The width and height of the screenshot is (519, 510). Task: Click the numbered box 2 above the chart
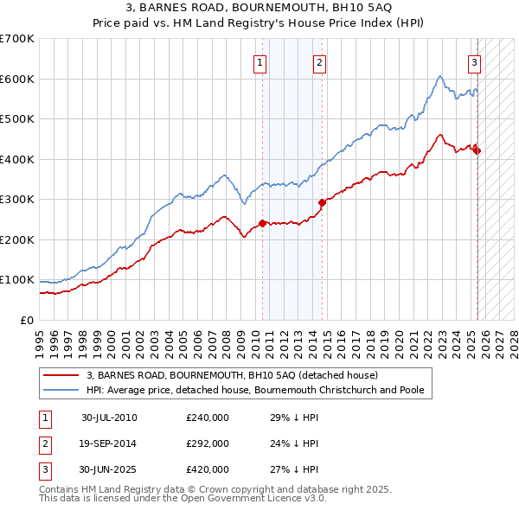[320, 62]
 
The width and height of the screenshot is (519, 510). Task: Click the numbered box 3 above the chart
[475, 62]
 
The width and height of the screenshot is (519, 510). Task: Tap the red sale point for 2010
[262, 223]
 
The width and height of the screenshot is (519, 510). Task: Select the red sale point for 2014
[322, 202]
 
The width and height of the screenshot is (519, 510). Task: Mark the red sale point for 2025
[477, 151]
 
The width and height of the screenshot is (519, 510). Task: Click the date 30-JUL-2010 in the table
[109, 418]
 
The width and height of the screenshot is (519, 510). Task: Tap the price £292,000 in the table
[208, 443]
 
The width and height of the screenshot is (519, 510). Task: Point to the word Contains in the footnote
[61, 489]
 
